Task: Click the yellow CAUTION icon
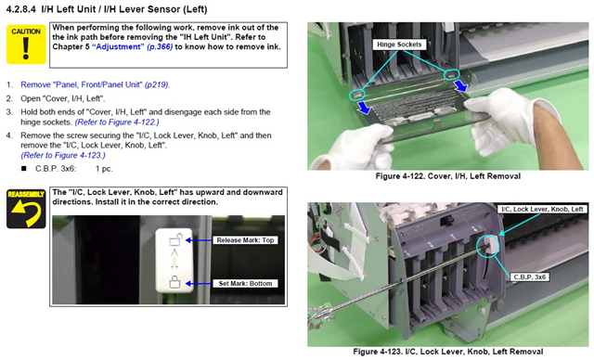click(26, 45)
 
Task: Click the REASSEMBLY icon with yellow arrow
click(26, 209)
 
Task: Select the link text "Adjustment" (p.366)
click(132, 47)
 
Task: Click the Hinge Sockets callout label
click(399, 45)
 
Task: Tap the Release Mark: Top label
click(245, 240)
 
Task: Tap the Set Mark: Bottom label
click(245, 284)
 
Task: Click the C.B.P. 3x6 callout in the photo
click(530, 277)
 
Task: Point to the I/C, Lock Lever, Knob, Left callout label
click(542, 209)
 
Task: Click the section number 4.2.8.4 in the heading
click(21, 9)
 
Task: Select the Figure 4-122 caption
click(447, 176)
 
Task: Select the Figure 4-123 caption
click(447, 352)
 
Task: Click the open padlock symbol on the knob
click(175, 239)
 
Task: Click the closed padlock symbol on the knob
click(174, 282)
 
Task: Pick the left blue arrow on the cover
click(364, 107)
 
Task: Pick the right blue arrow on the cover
click(460, 84)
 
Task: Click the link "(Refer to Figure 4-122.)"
click(117, 122)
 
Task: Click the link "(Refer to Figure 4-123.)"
click(63, 155)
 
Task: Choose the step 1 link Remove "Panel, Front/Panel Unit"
click(95, 84)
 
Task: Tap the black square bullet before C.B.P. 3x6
click(24, 169)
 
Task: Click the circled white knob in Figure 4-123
click(491, 245)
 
